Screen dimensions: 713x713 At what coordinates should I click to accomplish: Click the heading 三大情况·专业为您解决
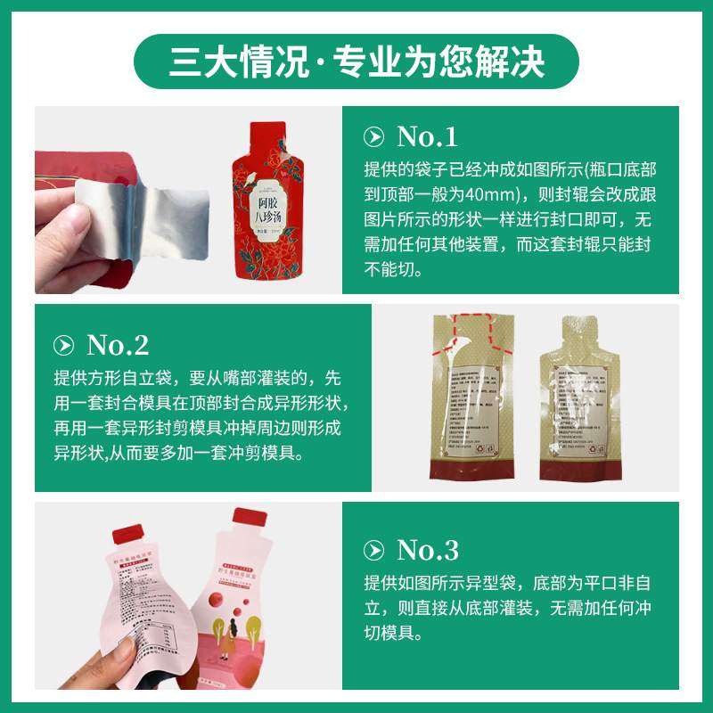(x=356, y=61)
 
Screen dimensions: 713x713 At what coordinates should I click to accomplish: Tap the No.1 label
(x=427, y=136)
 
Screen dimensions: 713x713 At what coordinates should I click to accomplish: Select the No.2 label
(x=118, y=345)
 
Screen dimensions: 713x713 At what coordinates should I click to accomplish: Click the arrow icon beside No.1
(x=375, y=137)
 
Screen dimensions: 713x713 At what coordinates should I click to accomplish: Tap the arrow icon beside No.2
(x=64, y=346)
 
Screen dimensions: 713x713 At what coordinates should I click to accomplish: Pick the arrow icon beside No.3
(x=375, y=551)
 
